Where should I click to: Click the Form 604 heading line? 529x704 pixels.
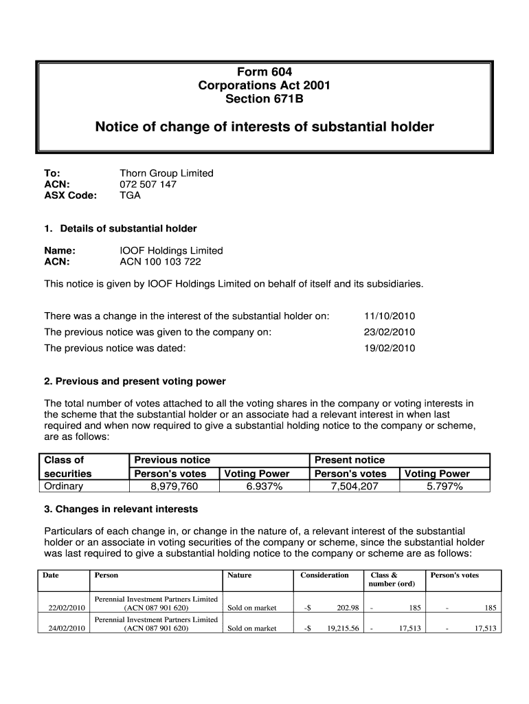(x=264, y=72)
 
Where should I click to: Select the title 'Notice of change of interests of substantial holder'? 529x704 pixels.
(x=264, y=127)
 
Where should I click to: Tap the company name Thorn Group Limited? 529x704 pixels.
(x=166, y=173)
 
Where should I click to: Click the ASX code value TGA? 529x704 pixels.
(x=130, y=195)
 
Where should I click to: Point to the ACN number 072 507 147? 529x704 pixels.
(x=148, y=184)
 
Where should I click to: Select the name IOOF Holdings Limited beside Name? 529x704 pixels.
(x=171, y=250)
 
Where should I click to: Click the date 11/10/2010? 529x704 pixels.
(x=389, y=316)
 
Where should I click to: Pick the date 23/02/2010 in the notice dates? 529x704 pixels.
(x=389, y=332)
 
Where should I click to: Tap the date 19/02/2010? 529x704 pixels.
(x=389, y=348)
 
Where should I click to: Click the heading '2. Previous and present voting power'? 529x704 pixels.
(x=135, y=381)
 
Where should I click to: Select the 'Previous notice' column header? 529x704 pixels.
(x=172, y=460)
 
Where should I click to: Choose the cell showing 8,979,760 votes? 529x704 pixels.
(x=174, y=487)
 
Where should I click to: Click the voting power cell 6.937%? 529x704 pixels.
(x=264, y=487)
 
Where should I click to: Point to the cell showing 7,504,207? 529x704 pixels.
(x=354, y=487)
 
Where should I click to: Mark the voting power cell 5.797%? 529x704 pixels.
(x=444, y=487)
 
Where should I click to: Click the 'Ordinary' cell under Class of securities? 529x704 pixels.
(x=63, y=486)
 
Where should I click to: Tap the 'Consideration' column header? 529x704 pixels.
(x=324, y=575)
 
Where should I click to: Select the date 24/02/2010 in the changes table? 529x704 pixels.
(x=66, y=628)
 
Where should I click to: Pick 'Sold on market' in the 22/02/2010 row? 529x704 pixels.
(x=252, y=608)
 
